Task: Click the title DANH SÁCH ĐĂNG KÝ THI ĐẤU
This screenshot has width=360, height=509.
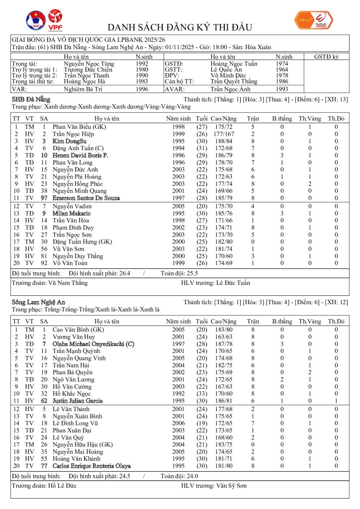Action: point(180,27)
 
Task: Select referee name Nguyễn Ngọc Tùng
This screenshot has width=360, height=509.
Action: point(89,64)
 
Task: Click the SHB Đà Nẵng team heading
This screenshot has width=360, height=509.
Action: point(30,100)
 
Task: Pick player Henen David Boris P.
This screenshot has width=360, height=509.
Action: point(80,156)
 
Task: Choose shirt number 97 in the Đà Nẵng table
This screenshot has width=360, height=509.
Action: point(44,198)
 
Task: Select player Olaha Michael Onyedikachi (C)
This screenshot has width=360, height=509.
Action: point(93,343)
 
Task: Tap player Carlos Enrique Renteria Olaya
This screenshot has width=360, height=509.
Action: point(91,466)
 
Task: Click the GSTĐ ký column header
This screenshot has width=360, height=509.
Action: point(326,57)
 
